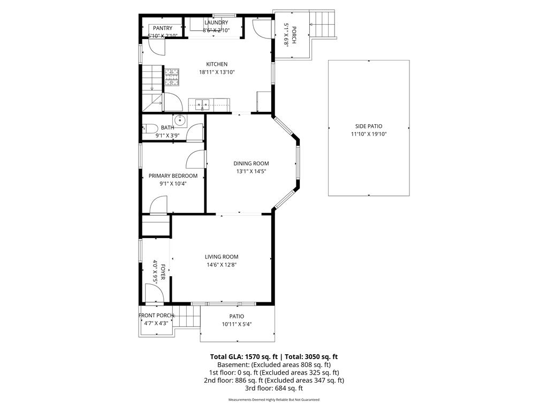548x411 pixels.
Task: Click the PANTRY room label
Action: (163, 28)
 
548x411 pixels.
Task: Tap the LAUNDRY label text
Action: (216, 22)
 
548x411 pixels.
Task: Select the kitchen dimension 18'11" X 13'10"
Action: (217, 72)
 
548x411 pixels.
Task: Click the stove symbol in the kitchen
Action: (172, 77)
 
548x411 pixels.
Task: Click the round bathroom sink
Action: (181, 120)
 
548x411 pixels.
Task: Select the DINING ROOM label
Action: (251, 163)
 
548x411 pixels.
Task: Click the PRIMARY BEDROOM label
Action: (173, 176)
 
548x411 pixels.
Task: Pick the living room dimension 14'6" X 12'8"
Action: (221, 264)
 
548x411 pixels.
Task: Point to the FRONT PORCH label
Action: (156, 315)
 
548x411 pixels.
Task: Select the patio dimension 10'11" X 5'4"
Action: (237, 324)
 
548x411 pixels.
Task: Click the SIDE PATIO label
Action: (368, 126)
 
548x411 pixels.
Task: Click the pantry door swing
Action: (156, 47)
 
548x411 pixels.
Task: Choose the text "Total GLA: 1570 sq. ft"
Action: (242, 356)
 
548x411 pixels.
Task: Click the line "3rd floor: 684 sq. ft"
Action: (273, 388)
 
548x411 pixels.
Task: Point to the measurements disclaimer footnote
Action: (273, 400)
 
